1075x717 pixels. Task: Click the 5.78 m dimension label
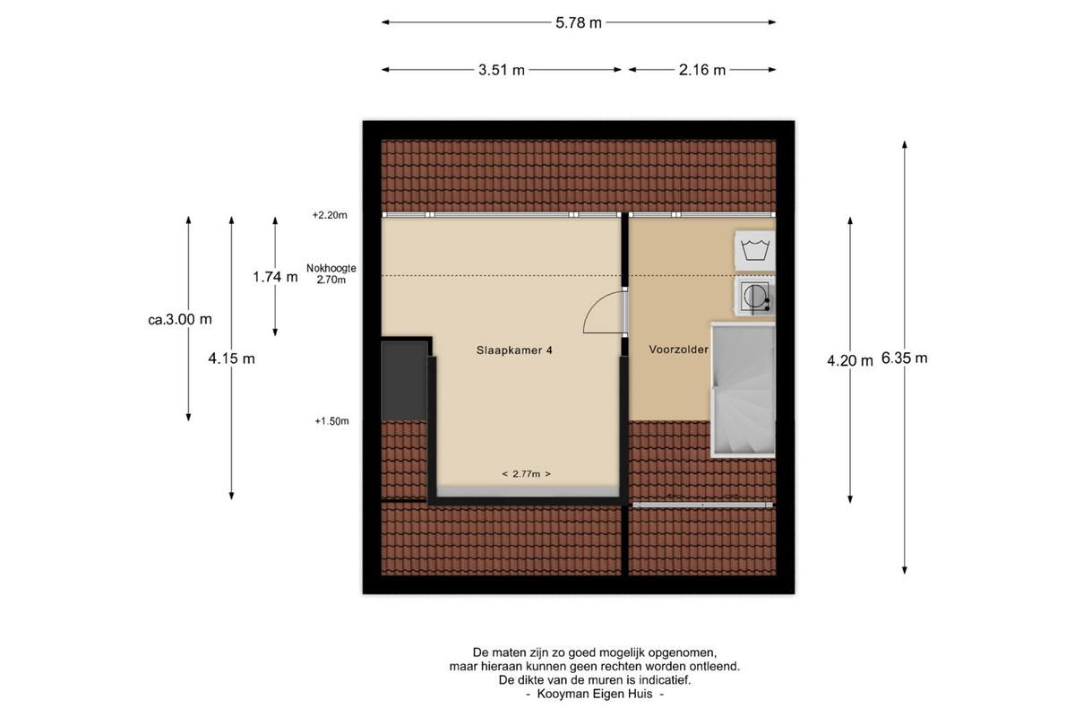(x=579, y=22)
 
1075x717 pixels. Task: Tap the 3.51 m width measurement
(x=501, y=70)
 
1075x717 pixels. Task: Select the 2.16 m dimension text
(x=701, y=70)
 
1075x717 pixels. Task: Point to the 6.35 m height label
(x=904, y=358)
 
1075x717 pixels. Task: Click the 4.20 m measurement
(x=850, y=360)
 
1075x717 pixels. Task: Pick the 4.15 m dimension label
(x=231, y=358)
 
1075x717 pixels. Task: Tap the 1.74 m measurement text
(x=275, y=277)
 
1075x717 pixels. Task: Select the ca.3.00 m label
(x=180, y=319)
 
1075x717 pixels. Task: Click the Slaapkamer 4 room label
(x=514, y=350)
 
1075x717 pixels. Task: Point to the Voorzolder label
(x=679, y=350)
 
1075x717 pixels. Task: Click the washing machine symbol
(x=755, y=250)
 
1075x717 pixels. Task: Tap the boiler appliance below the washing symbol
(x=755, y=297)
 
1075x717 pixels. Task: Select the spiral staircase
(x=743, y=390)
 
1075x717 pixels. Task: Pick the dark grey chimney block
(x=404, y=380)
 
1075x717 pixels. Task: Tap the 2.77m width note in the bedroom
(x=527, y=474)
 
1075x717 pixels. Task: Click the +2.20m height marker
(x=330, y=215)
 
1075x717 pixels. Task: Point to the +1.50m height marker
(x=331, y=421)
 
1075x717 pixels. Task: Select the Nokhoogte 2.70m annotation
(x=331, y=273)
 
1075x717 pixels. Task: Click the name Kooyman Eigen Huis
(x=595, y=694)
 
